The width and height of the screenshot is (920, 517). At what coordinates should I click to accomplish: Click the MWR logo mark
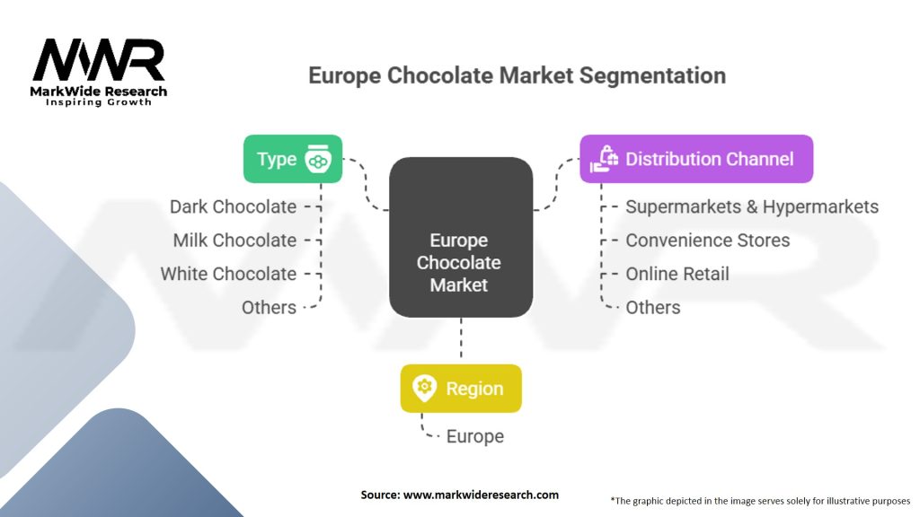pos(99,60)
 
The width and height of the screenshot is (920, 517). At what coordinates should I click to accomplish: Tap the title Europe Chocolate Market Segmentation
pos(517,74)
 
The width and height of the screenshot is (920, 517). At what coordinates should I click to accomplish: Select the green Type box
pos(293,159)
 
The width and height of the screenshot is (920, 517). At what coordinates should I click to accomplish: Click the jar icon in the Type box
pos(318,160)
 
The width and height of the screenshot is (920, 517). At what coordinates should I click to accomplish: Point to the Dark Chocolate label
pos(233,206)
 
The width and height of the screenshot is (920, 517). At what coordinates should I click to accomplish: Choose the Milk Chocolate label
pos(234,240)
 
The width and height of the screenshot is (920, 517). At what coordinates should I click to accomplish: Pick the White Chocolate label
pos(228,274)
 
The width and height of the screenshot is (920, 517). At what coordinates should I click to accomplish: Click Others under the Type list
pos(269,307)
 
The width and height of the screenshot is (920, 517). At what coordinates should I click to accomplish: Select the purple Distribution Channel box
pos(696,159)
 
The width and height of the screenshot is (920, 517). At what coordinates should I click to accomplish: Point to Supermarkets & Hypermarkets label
pos(752,206)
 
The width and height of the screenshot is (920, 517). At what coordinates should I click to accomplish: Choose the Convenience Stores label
pos(708,240)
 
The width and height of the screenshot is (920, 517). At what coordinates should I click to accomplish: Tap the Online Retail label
pos(677,274)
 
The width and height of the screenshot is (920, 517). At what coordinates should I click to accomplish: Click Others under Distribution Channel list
pos(653,307)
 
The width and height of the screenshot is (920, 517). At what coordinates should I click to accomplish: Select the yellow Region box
pos(461,389)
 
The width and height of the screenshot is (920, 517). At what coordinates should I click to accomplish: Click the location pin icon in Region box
pos(424,389)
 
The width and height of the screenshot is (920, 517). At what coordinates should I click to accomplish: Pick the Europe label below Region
pos(475,436)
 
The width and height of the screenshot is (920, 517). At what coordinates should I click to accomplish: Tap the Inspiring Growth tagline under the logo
pos(99,102)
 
